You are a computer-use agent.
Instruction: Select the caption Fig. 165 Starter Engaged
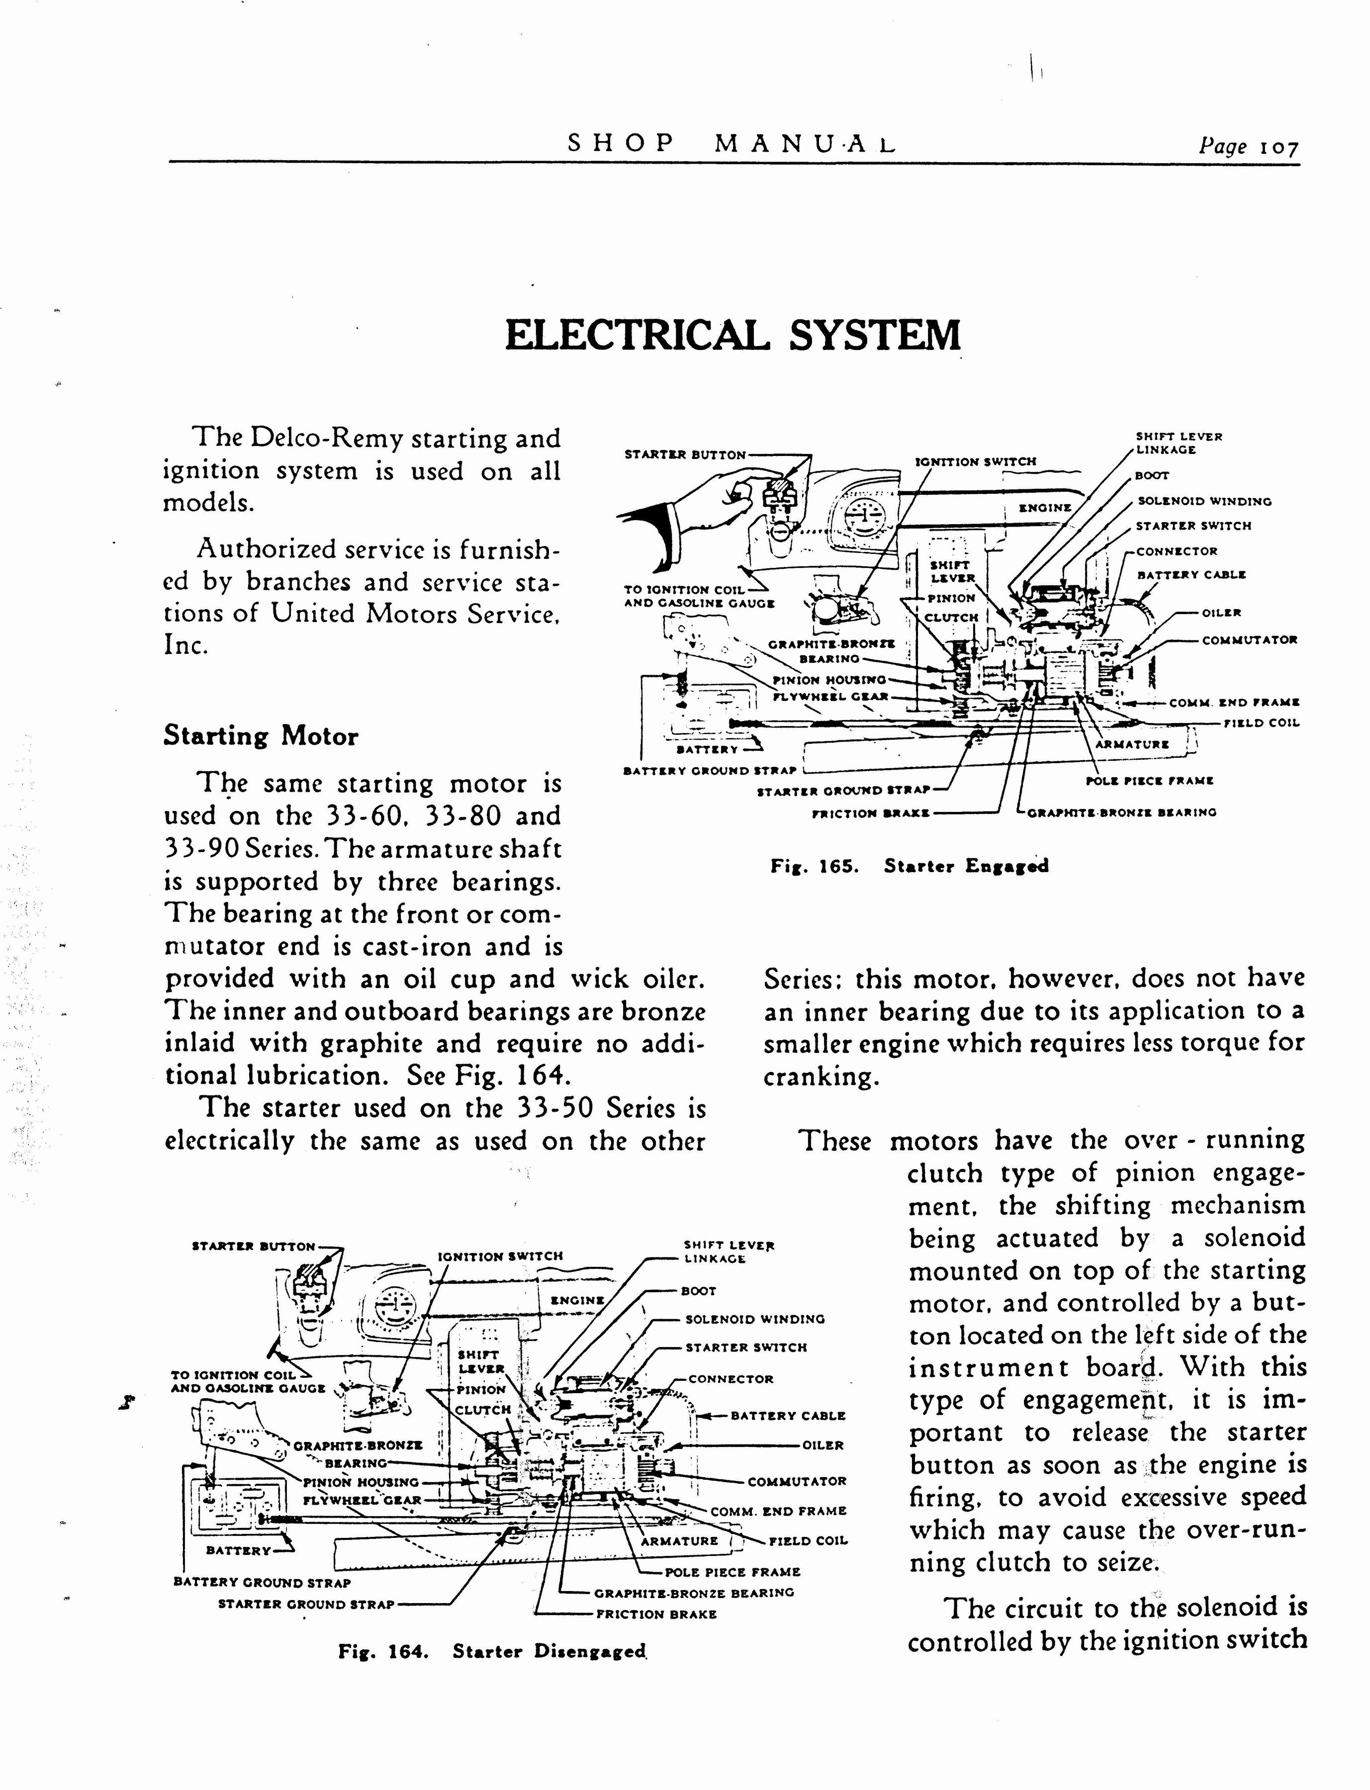tap(909, 866)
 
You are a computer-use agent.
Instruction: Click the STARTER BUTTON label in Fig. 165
tap(685, 455)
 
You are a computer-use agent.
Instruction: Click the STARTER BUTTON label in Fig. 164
tap(253, 1246)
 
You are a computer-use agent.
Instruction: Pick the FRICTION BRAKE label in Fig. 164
tap(656, 1614)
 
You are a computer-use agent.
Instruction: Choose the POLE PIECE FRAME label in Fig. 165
tap(1150, 781)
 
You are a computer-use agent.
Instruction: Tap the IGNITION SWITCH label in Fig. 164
tap(500, 1256)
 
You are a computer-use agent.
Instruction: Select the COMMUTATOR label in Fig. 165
tap(1249, 640)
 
